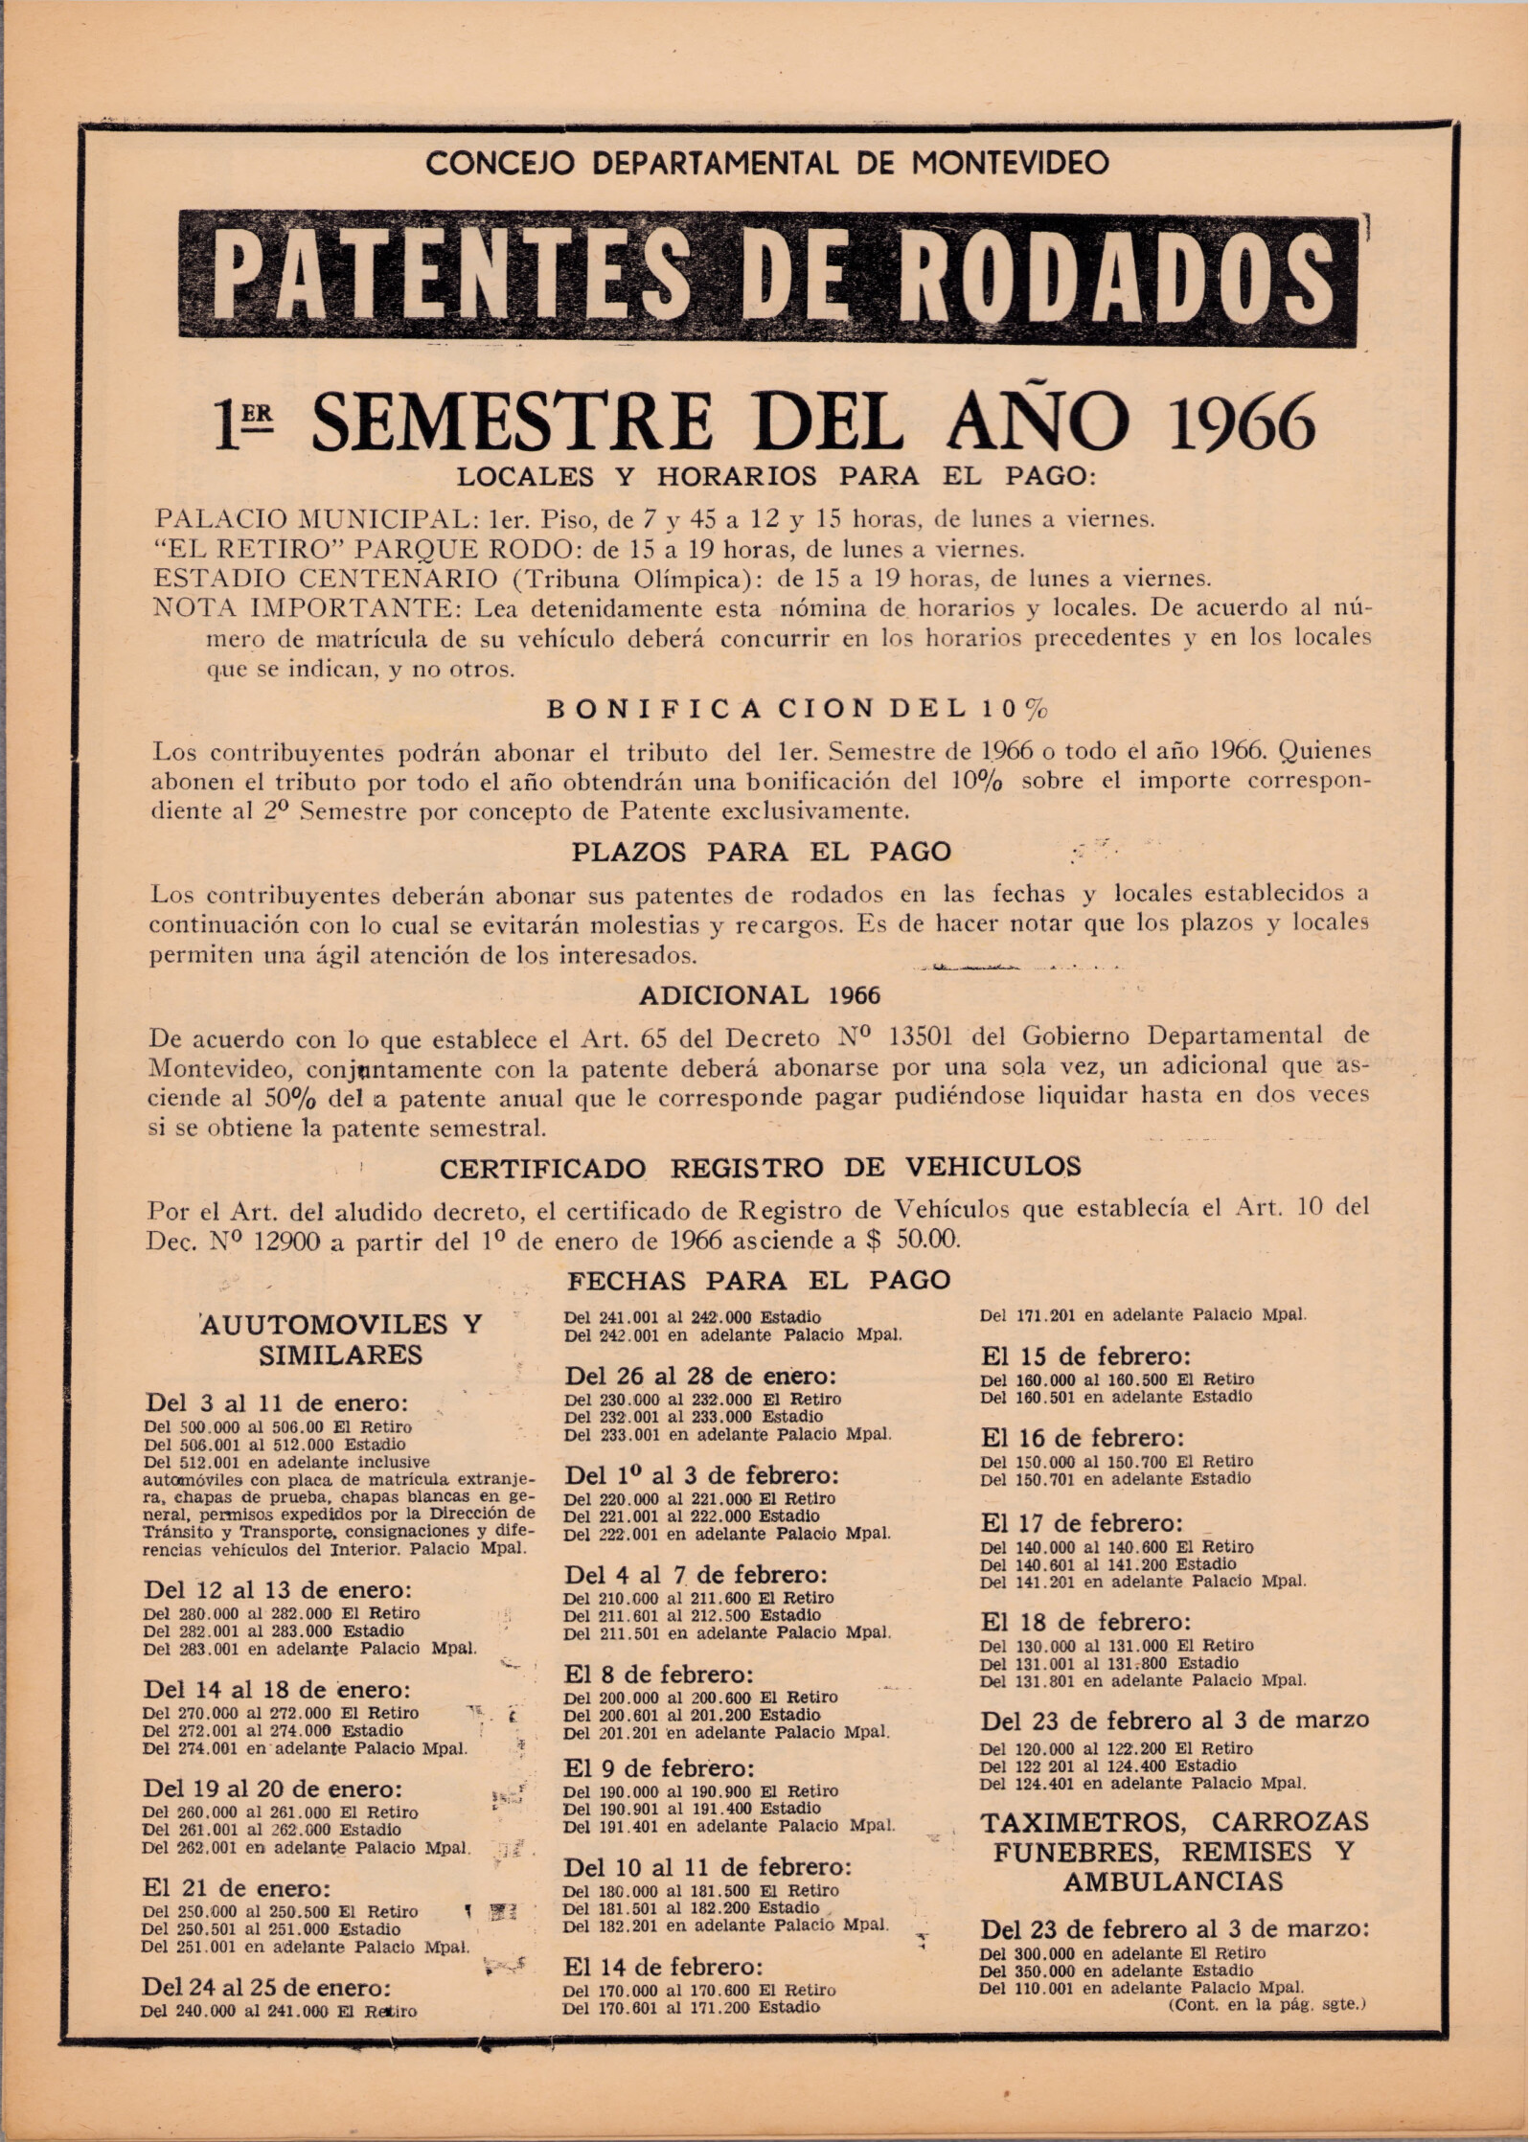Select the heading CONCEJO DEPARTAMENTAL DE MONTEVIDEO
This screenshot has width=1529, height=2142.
[767, 162]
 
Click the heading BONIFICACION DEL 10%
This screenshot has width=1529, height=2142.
[796, 710]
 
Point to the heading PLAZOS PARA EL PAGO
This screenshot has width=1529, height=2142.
[762, 852]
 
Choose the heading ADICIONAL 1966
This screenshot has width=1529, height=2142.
[760, 995]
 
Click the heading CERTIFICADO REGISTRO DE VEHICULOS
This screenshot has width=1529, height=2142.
[760, 1167]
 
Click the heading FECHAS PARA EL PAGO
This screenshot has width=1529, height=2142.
[760, 1280]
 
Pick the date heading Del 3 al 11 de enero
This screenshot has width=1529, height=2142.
[277, 1402]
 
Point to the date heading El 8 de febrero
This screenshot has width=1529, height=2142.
[659, 1675]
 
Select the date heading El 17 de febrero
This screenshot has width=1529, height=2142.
[1082, 1523]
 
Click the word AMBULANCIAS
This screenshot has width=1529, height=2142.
[1173, 1880]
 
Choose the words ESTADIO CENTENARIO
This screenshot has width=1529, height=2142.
[326, 579]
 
